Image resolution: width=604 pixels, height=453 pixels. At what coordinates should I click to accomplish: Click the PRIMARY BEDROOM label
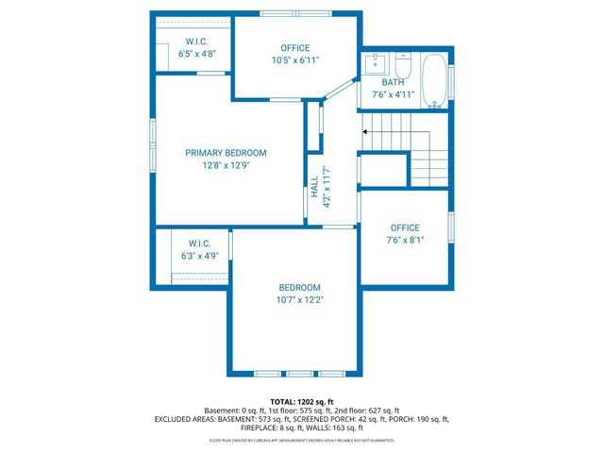(226, 153)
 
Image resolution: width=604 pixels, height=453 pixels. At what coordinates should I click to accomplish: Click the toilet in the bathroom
(402, 68)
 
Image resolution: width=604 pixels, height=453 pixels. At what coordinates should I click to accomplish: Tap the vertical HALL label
(314, 187)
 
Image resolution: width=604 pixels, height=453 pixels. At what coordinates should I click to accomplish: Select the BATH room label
(393, 83)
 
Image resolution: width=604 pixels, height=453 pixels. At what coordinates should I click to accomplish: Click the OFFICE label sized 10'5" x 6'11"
(294, 48)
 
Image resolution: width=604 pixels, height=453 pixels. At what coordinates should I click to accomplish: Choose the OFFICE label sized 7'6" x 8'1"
(405, 227)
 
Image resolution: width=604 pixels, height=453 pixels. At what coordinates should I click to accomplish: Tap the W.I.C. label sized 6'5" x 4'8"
(196, 42)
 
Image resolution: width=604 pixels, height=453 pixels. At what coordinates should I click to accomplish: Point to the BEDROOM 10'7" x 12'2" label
(299, 288)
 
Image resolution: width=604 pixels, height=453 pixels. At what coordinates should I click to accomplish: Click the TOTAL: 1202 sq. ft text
(302, 401)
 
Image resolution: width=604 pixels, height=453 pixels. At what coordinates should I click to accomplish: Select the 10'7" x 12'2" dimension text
(299, 300)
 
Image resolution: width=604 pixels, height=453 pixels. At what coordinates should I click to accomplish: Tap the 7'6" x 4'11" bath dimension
(393, 94)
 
